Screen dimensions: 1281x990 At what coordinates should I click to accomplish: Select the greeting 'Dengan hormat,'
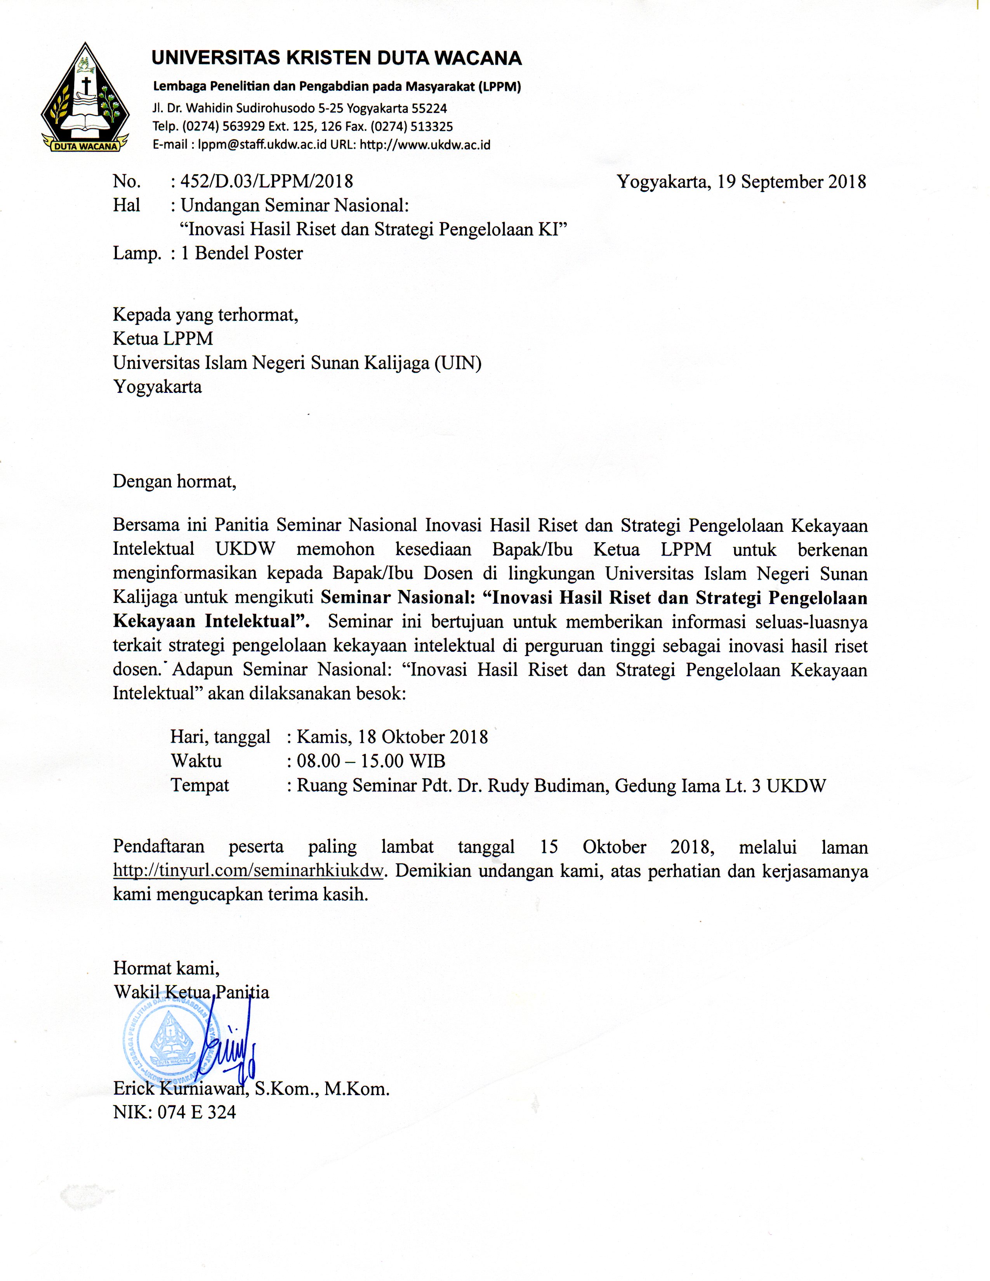pos(174,482)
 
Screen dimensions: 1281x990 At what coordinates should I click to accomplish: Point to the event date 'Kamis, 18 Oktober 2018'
pos(393,737)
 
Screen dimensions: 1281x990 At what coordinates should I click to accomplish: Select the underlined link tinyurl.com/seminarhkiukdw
pos(249,871)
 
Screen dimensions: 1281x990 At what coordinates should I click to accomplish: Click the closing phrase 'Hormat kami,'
pos(166,967)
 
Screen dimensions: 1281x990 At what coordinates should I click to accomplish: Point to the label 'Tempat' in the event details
pos(200,785)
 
